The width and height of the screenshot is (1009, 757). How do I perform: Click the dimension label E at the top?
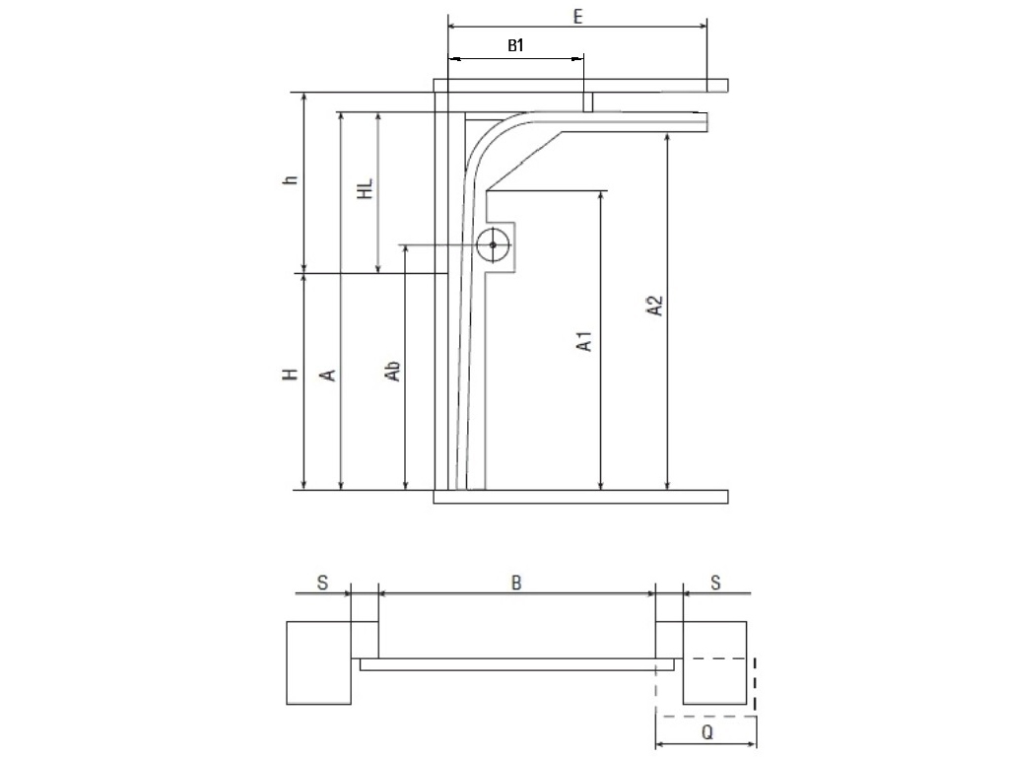click(x=577, y=16)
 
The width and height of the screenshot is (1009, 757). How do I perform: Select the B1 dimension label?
click(x=515, y=45)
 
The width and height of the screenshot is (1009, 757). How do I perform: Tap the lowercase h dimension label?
click(x=291, y=179)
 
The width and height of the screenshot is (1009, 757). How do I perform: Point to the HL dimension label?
click(x=365, y=188)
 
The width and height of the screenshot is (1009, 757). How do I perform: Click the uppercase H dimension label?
click(x=291, y=374)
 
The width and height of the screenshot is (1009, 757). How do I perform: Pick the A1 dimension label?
click(x=583, y=341)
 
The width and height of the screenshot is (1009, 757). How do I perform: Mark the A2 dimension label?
click(x=654, y=306)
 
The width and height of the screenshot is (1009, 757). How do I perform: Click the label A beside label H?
click(x=328, y=375)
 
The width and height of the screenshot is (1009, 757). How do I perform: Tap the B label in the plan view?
click(x=516, y=583)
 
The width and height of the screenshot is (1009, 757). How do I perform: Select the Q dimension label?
click(x=706, y=732)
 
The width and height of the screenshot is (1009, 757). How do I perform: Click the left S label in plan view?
click(x=322, y=583)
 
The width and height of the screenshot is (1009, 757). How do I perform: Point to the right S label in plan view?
click(x=715, y=583)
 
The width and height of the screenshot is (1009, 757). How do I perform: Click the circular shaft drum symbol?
click(x=493, y=245)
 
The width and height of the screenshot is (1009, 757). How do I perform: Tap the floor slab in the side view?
click(x=581, y=497)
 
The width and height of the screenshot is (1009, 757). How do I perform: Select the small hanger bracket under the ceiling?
click(x=587, y=102)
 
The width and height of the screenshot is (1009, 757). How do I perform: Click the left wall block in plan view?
click(x=319, y=662)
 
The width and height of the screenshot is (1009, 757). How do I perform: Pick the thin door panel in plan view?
click(x=516, y=664)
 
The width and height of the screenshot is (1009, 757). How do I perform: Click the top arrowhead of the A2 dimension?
click(x=668, y=136)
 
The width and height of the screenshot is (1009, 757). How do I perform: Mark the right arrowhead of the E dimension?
click(x=703, y=26)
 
